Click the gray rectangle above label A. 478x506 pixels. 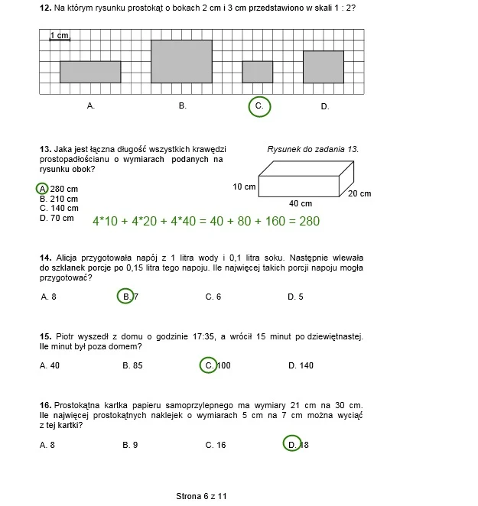click(x=90, y=72)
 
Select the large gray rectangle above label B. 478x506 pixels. click(x=181, y=61)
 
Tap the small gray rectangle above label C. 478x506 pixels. click(x=258, y=72)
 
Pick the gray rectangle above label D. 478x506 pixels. click(x=324, y=66)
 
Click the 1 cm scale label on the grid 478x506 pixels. click(x=60, y=35)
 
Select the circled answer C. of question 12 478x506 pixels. click(x=259, y=106)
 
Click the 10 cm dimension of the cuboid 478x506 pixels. click(x=244, y=187)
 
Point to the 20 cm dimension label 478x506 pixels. click(x=359, y=193)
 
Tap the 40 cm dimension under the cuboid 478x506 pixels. click(x=301, y=203)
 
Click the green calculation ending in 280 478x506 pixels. click(x=206, y=221)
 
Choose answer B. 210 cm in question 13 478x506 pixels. click(x=59, y=199)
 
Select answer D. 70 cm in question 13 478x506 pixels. click(x=57, y=218)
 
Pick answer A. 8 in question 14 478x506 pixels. click(x=48, y=297)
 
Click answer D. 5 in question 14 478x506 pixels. click(x=295, y=297)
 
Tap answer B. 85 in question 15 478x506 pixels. click(x=132, y=365)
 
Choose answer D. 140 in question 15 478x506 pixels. click(x=301, y=365)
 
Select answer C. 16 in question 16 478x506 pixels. click(x=216, y=445)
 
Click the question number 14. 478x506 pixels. click(x=46, y=258)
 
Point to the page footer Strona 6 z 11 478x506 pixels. click(x=201, y=496)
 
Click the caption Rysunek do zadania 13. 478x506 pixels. click(x=313, y=149)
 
